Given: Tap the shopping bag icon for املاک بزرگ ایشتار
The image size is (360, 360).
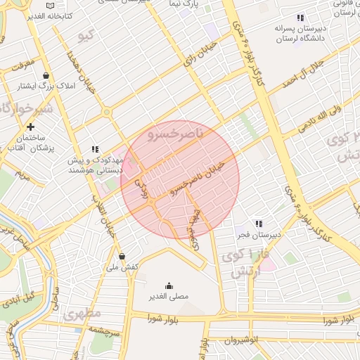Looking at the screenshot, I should (x=46, y=75).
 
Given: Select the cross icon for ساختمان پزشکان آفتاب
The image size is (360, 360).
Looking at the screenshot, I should (x=30, y=127).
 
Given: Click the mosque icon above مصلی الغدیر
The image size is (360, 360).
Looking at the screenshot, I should (x=169, y=285).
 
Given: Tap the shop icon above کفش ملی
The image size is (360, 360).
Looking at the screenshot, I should (x=122, y=257).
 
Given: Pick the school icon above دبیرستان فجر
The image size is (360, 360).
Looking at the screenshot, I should (x=259, y=223).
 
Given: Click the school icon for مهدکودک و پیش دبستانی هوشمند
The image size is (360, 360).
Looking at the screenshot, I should (x=95, y=149).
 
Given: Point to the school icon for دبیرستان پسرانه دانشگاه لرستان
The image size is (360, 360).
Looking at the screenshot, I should (x=300, y=18).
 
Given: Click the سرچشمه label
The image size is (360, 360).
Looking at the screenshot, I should (x=106, y=330).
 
